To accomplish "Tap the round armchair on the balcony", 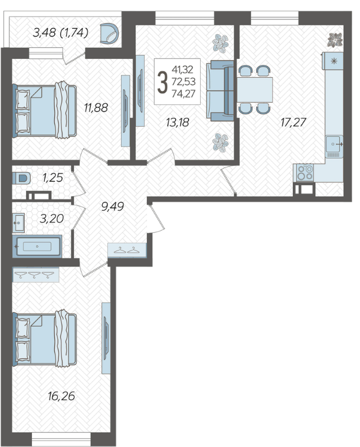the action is point(110,34).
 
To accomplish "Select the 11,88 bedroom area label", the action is point(96,108).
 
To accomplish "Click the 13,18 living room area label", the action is point(178,123).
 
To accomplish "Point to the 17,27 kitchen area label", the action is point(293,123).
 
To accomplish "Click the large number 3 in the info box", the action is point(162,82).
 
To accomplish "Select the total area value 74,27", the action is point(184,94).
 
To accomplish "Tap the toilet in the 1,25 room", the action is point(21,178).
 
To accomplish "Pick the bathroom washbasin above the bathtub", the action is point(18,223).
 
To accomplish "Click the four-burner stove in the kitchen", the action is point(305,172).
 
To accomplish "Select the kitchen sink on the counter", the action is point(334,144).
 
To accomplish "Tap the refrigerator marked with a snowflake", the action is point(333,61).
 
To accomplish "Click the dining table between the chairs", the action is point(254,90).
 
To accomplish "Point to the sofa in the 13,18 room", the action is point(220,91).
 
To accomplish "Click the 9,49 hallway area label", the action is point(113,206).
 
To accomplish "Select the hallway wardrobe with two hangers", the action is point(127,251).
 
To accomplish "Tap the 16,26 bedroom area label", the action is point(61,396).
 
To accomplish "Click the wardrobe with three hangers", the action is point(35,275).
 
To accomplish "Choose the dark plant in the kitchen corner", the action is point(335,40).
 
